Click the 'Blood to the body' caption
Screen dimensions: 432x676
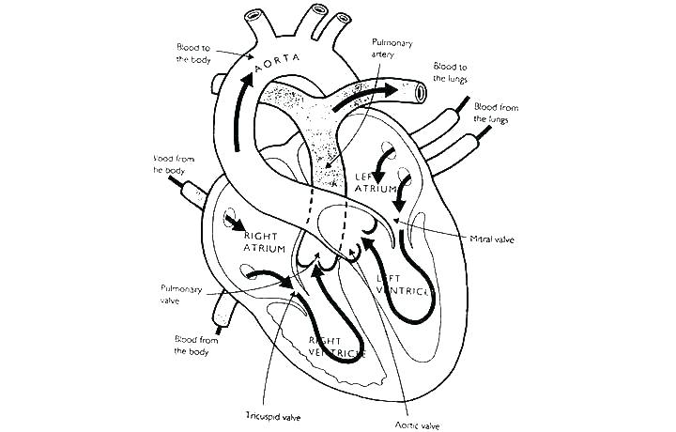click(x=195, y=53)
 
